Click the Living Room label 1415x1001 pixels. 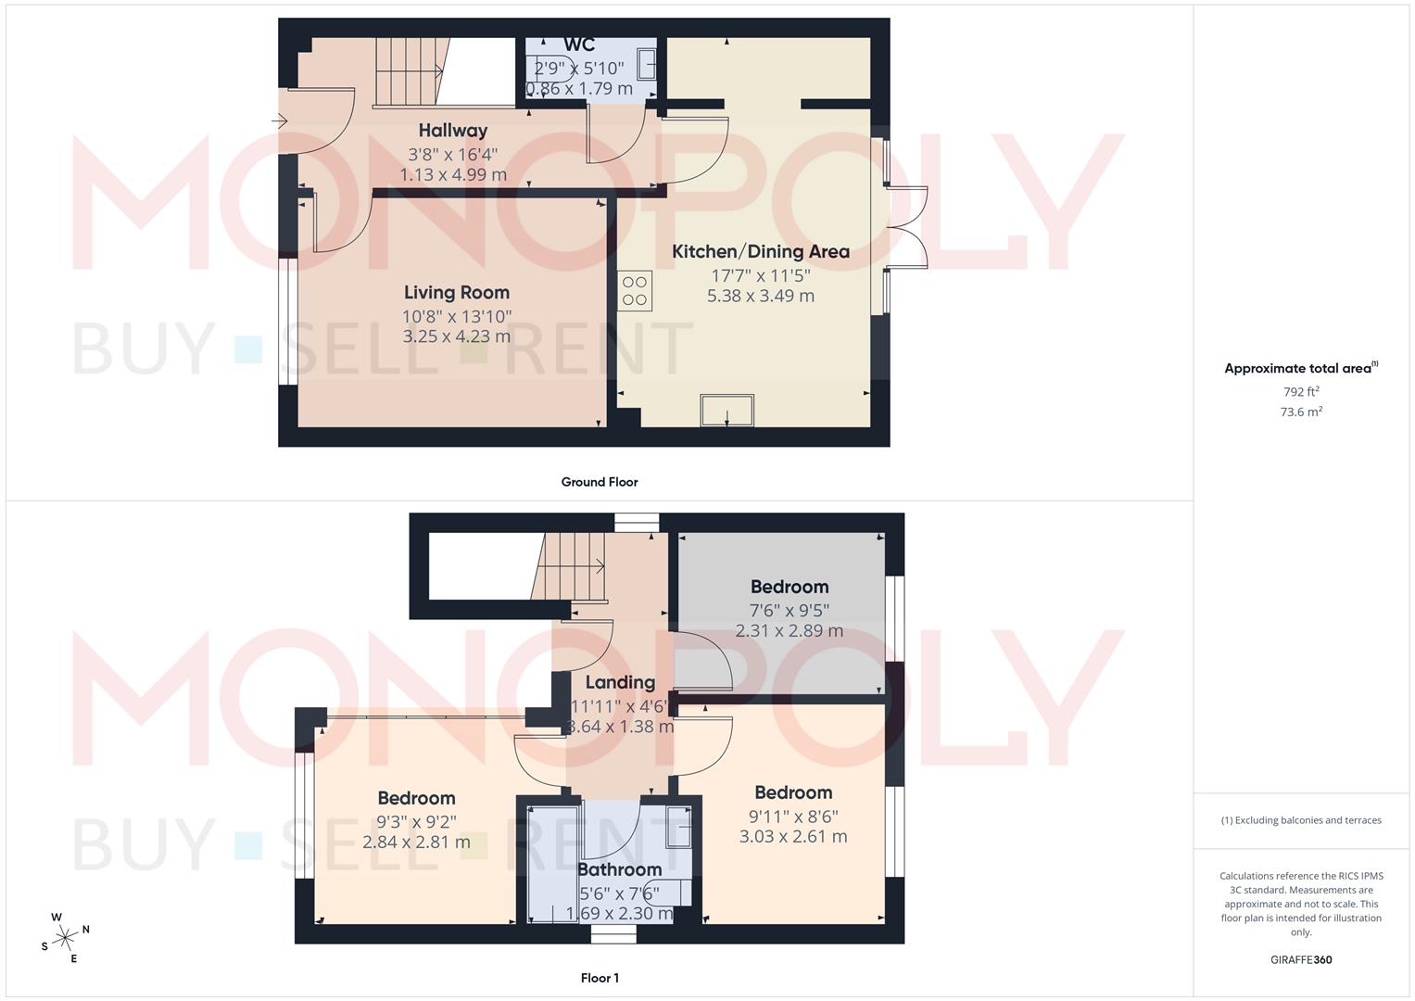(x=456, y=293)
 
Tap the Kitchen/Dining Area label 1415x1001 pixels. (x=760, y=251)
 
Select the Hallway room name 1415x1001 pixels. (x=452, y=131)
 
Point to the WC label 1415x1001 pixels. (x=579, y=45)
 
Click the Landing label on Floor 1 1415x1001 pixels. (x=620, y=683)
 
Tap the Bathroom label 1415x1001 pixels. (x=619, y=869)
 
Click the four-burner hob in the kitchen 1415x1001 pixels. (x=636, y=290)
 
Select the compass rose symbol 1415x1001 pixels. (x=65, y=937)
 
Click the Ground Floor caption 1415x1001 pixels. (x=599, y=482)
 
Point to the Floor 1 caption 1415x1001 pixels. (x=599, y=978)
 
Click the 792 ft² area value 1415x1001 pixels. (x=1301, y=392)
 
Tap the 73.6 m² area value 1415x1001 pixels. (x=1301, y=412)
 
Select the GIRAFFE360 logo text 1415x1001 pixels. (x=1301, y=960)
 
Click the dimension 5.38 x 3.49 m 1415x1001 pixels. (x=760, y=297)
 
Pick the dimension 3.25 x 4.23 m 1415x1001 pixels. (x=456, y=336)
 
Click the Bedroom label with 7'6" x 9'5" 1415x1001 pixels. (x=790, y=587)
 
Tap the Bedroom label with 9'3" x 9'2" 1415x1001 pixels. (x=416, y=798)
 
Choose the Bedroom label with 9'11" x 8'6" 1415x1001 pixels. (x=793, y=792)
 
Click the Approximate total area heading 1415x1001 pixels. (x=1301, y=369)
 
